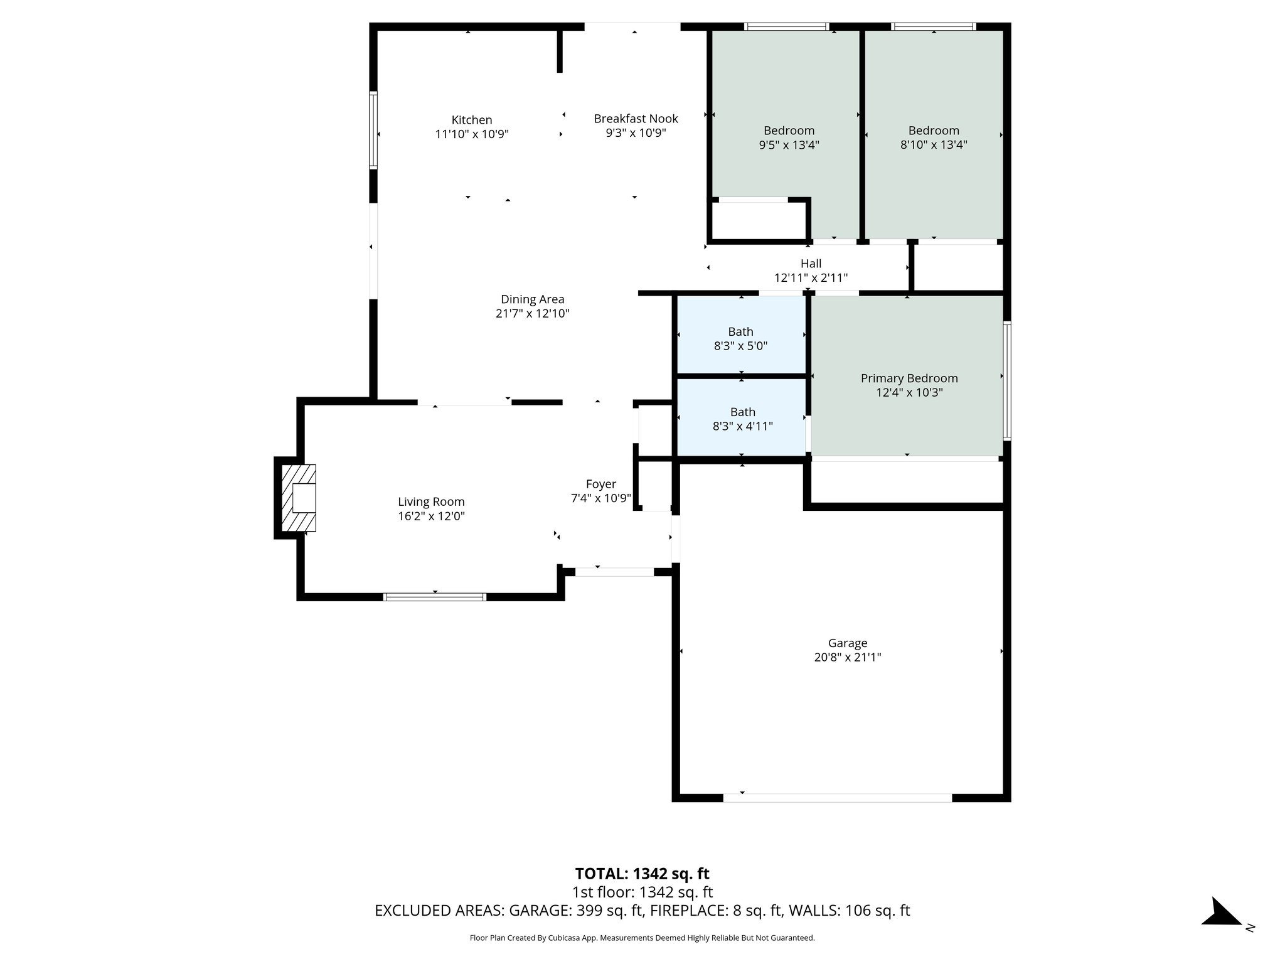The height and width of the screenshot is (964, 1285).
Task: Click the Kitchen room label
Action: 472,120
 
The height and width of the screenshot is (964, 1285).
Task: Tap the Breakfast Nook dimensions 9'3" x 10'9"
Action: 636,133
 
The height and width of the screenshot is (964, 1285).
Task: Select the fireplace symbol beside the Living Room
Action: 299,498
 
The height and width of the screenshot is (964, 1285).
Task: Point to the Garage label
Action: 848,643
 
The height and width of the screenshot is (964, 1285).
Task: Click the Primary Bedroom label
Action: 909,378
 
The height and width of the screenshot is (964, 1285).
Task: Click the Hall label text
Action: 811,264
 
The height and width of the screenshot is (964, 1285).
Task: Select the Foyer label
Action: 600,484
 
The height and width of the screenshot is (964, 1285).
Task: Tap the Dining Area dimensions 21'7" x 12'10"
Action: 532,314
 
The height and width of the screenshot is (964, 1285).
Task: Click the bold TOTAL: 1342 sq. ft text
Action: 642,874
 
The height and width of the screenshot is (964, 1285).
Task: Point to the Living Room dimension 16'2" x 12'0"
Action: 431,517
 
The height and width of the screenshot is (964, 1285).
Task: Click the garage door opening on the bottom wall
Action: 838,798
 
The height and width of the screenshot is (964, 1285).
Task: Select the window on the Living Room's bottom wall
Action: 435,597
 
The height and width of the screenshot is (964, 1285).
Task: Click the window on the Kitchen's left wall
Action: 373,130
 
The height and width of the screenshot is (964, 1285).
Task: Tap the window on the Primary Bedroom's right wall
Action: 1006,380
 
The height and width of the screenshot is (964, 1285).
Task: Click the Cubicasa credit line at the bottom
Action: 642,938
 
